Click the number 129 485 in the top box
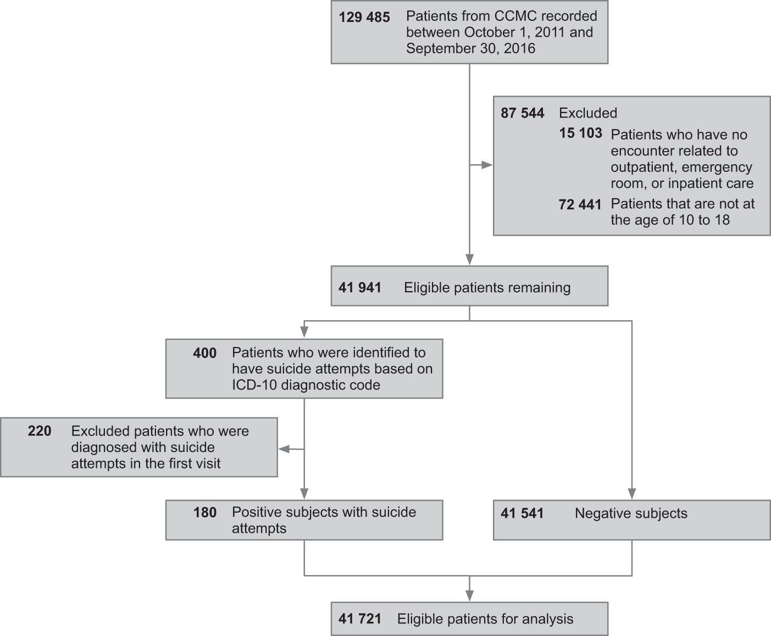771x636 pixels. [x=364, y=18]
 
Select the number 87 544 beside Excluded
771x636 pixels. [x=522, y=113]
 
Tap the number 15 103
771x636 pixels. [x=580, y=133]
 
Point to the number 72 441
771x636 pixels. [x=580, y=205]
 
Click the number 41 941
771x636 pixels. [x=359, y=288]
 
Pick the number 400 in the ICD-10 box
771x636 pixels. [x=204, y=353]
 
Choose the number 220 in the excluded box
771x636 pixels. [x=40, y=431]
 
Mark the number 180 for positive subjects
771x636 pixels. [x=204, y=513]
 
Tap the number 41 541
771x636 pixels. [x=522, y=514]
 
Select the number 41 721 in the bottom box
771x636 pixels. [x=359, y=619]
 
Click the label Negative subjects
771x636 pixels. [x=631, y=514]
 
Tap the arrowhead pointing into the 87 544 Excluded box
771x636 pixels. [x=487, y=165]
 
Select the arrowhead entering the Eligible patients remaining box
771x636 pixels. [x=469, y=260]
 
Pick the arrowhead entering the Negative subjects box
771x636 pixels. [x=631, y=493]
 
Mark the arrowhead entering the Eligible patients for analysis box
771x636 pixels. [x=469, y=596]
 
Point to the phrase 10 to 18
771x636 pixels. [x=703, y=220]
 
